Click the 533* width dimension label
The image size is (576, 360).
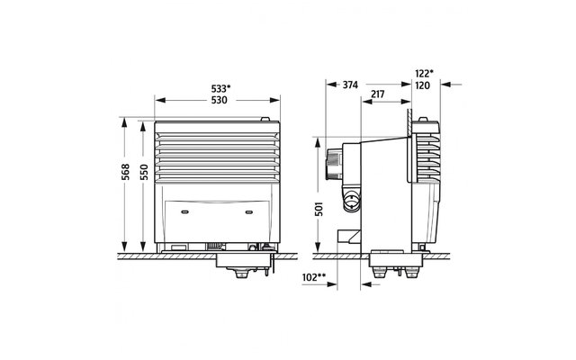pos(220,88)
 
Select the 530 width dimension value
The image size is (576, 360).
pos(220,100)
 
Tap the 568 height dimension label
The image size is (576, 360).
pos(125,172)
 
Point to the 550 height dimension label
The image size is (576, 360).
pos(144,172)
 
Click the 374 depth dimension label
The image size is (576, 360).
pos(350,85)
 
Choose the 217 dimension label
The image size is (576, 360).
pos(378,94)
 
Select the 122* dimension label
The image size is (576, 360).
pos(424,74)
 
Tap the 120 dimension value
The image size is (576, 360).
pos(422,85)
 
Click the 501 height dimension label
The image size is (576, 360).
pos(319,208)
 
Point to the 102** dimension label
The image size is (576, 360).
pos(314,277)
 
